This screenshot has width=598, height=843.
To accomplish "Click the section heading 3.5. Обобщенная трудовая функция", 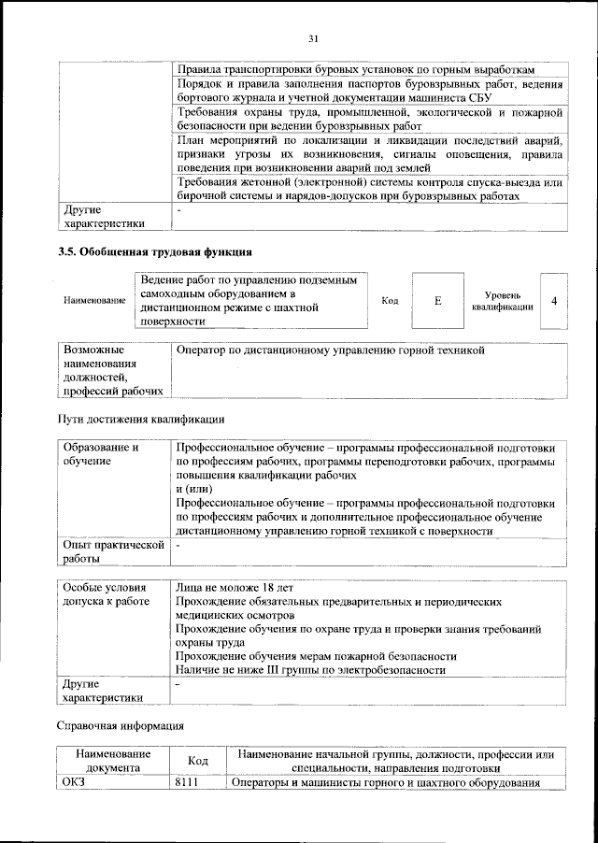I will [154, 252].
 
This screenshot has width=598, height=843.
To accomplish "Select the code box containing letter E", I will [437, 301].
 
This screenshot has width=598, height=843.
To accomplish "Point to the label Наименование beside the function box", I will [94, 301].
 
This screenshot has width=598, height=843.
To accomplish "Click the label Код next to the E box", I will [391, 301].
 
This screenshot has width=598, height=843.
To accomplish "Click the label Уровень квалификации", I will [503, 301].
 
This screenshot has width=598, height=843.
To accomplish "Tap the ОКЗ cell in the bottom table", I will [73, 782].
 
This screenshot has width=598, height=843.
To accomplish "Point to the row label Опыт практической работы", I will [112, 550].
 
